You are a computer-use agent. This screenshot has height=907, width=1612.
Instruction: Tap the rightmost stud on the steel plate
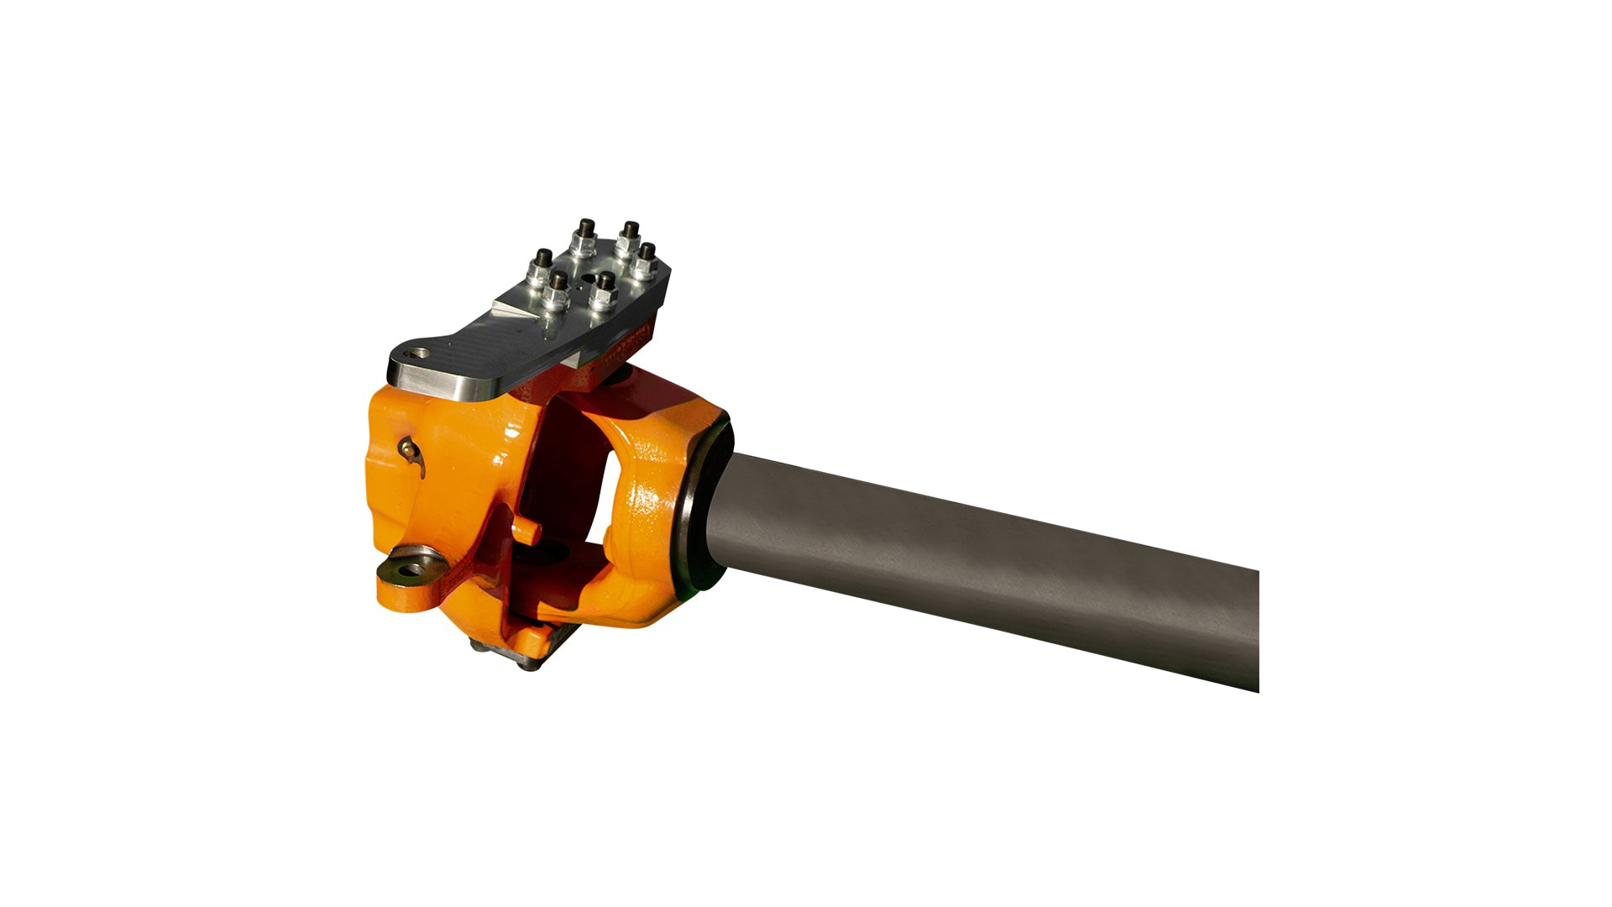[645, 255]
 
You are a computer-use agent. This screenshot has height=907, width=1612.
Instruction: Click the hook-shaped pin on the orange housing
[412, 454]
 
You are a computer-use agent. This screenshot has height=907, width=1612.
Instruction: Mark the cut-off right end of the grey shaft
[1254, 630]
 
